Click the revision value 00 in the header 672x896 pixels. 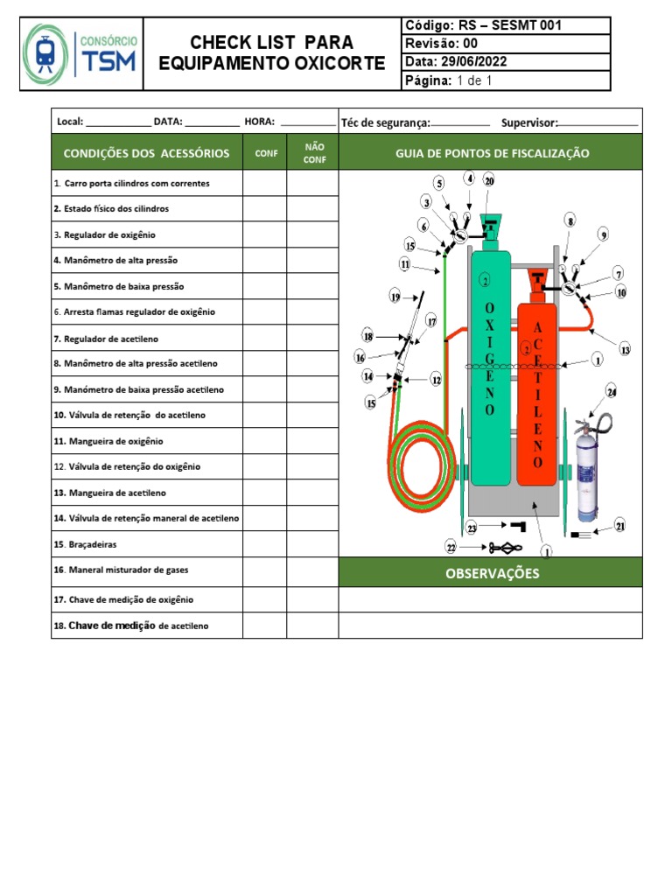coord(470,43)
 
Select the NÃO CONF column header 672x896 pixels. coord(313,153)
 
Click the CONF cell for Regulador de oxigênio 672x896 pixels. coord(264,234)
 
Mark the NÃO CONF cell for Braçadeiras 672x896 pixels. coord(312,544)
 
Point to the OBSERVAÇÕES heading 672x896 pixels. coord(491,574)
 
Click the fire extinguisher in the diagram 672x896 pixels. coord(586,470)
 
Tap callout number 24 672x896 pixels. coord(612,392)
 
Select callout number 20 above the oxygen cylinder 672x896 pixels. coord(489,181)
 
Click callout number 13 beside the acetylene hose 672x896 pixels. coord(625,350)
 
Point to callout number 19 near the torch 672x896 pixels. coord(395,297)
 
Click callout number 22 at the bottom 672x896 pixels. coord(451,548)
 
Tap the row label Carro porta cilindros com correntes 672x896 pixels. coord(136,184)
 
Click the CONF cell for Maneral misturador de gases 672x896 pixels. coord(264,570)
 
